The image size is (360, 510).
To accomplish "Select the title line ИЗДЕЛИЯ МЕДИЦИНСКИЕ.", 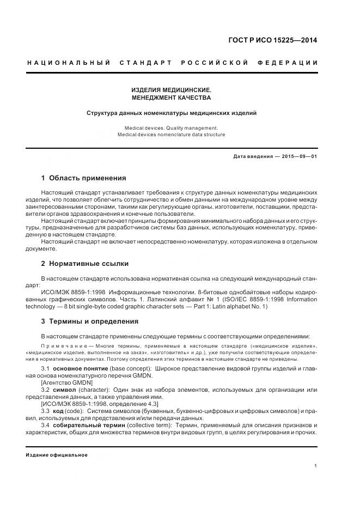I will pyautogui.click(x=172, y=89).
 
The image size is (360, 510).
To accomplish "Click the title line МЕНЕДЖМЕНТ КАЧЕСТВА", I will pyautogui.click(x=172, y=98).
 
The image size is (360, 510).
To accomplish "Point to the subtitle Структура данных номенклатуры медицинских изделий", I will pyautogui.click(x=172, y=113).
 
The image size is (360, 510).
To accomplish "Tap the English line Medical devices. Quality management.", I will pyautogui.click(x=171, y=127).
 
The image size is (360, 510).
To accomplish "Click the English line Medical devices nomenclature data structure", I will pyautogui.click(x=171, y=135).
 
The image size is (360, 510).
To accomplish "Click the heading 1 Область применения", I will pyautogui.click(x=84, y=178).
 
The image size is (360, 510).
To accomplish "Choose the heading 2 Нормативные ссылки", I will pyautogui.click(x=84, y=263).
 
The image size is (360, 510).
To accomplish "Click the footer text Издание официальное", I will pyautogui.click(x=57, y=454).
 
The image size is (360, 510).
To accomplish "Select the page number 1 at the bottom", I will pyautogui.click(x=316, y=465).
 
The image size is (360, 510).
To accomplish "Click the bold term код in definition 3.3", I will pyautogui.click(x=58, y=411).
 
